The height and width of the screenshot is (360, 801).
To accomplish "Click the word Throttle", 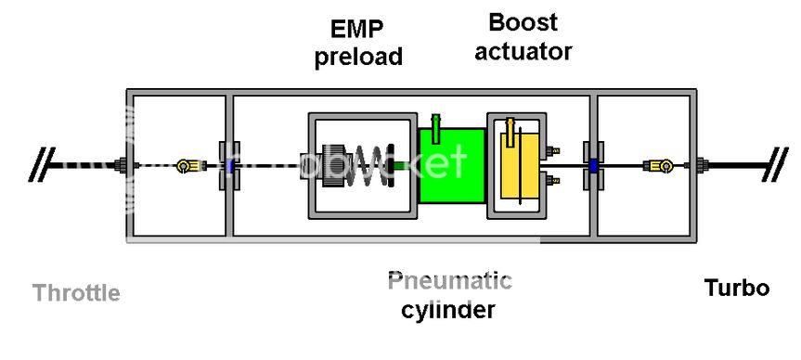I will pos(76,293).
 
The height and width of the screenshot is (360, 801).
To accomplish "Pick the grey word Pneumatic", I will pos(449,279).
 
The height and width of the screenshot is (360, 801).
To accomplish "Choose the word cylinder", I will pos(447,309).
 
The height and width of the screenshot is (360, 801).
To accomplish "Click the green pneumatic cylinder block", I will pos(451,167).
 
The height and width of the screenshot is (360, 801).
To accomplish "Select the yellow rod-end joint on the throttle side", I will pos(186,166).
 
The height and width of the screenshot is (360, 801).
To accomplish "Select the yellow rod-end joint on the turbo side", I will pos(660,166).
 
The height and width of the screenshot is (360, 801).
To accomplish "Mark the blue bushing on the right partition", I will pos(591,167).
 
